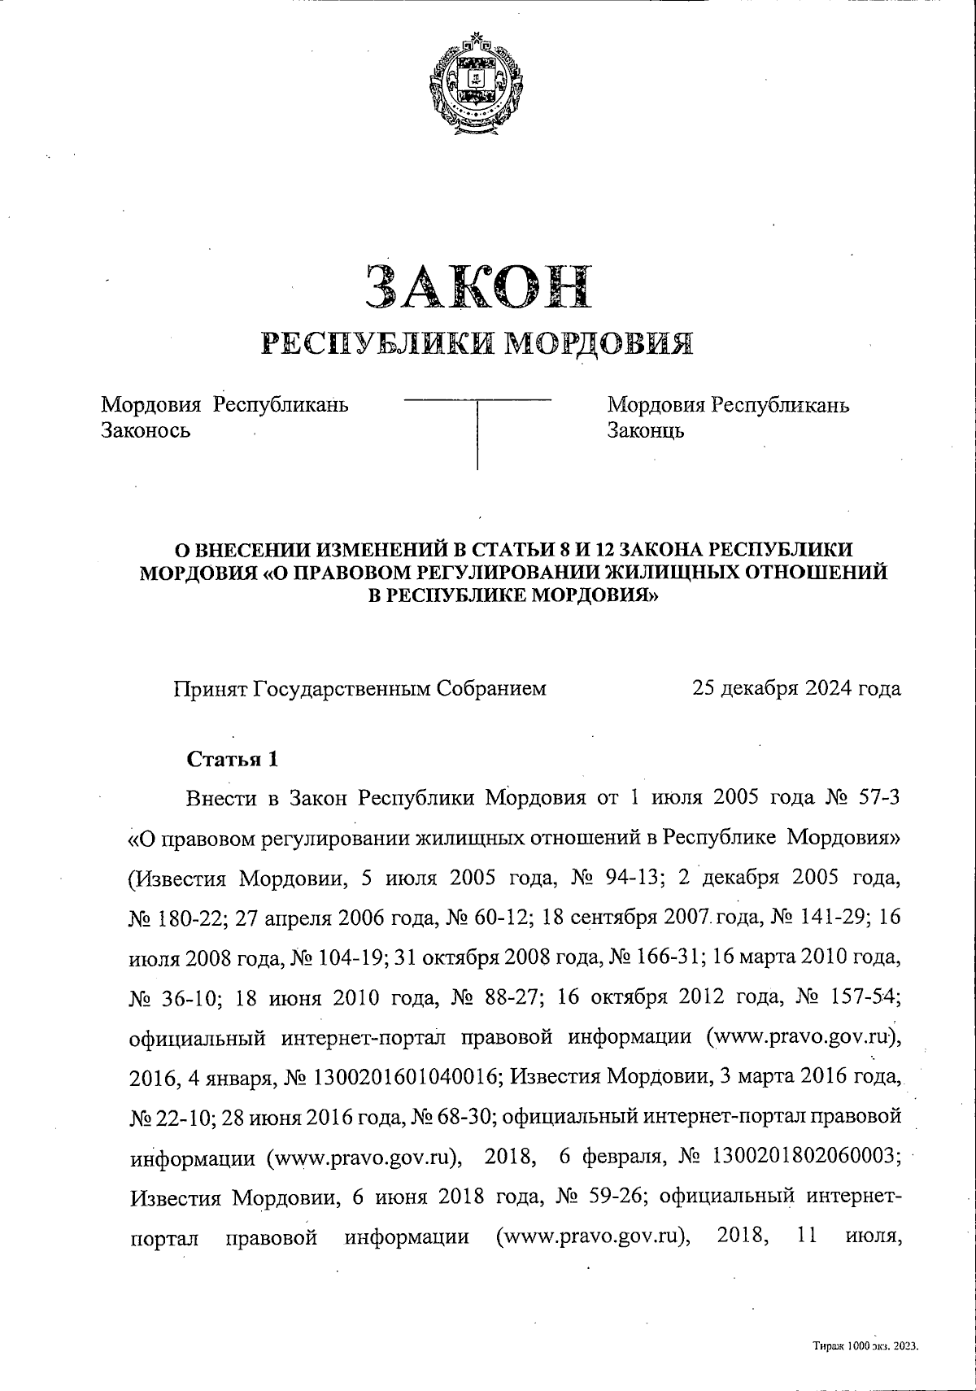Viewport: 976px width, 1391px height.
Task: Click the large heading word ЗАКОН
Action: tap(477, 287)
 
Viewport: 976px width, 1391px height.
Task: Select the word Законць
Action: tap(646, 430)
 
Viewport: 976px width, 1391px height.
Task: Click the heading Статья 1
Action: tap(233, 760)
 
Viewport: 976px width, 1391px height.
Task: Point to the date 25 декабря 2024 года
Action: tap(796, 688)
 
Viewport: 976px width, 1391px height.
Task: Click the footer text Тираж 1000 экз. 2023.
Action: tap(865, 1347)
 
